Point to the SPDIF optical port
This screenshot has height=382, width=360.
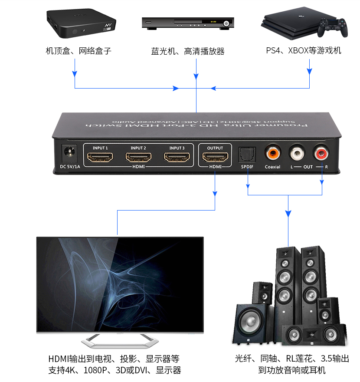click(x=247, y=154)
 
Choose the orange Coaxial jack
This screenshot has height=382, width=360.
click(x=273, y=153)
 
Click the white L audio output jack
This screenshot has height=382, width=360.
click(x=297, y=153)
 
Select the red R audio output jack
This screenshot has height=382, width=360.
click(x=321, y=153)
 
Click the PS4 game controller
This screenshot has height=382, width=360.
click(x=331, y=27)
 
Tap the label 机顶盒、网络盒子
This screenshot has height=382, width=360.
click(x=79, y=51)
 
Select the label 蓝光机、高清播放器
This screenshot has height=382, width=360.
click(x=188, y=51)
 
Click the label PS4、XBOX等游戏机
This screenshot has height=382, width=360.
click(x=304, y=50)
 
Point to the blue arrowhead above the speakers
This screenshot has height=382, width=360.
click(x=288, y=214)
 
